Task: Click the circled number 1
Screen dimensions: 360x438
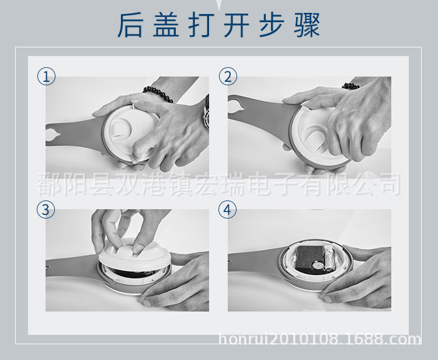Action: point(46,76)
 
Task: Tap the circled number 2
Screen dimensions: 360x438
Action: point(228,76)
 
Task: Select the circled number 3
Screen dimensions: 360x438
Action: point(46,209)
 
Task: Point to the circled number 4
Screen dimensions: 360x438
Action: point(228,209)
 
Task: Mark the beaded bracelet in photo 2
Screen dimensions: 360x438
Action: point(351,86)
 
